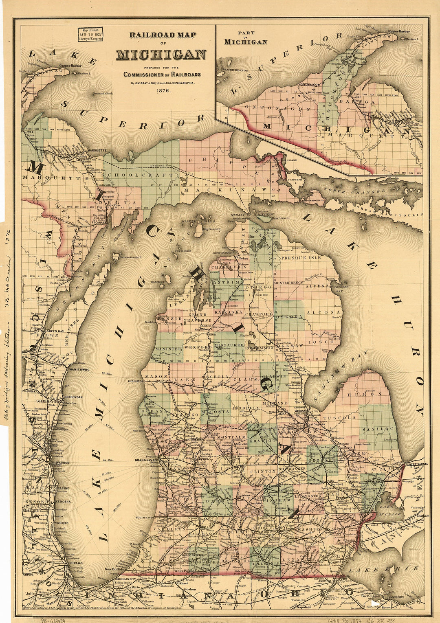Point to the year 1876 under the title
tap(162, 92)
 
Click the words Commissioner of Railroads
tap(162, 75)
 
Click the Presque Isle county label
tap(301, 258)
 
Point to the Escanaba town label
tap(99, 223)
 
